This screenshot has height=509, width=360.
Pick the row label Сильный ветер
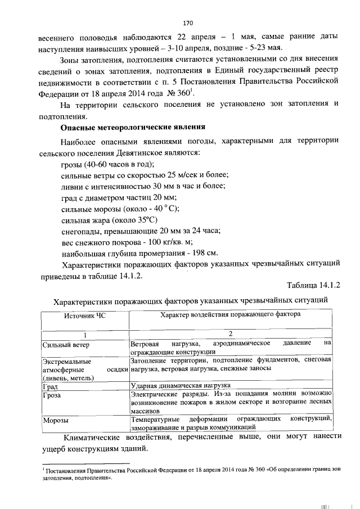tap(66, 344)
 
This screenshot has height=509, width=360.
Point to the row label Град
tap(51, 386)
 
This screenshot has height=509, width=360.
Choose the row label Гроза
tap(52, 395)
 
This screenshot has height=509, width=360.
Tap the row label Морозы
tap(56, 420)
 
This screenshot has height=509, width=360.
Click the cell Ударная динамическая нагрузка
tap(181, 386)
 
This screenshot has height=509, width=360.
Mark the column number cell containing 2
tap(231, 334)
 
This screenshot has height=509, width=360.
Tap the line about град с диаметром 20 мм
tap(118, 197)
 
